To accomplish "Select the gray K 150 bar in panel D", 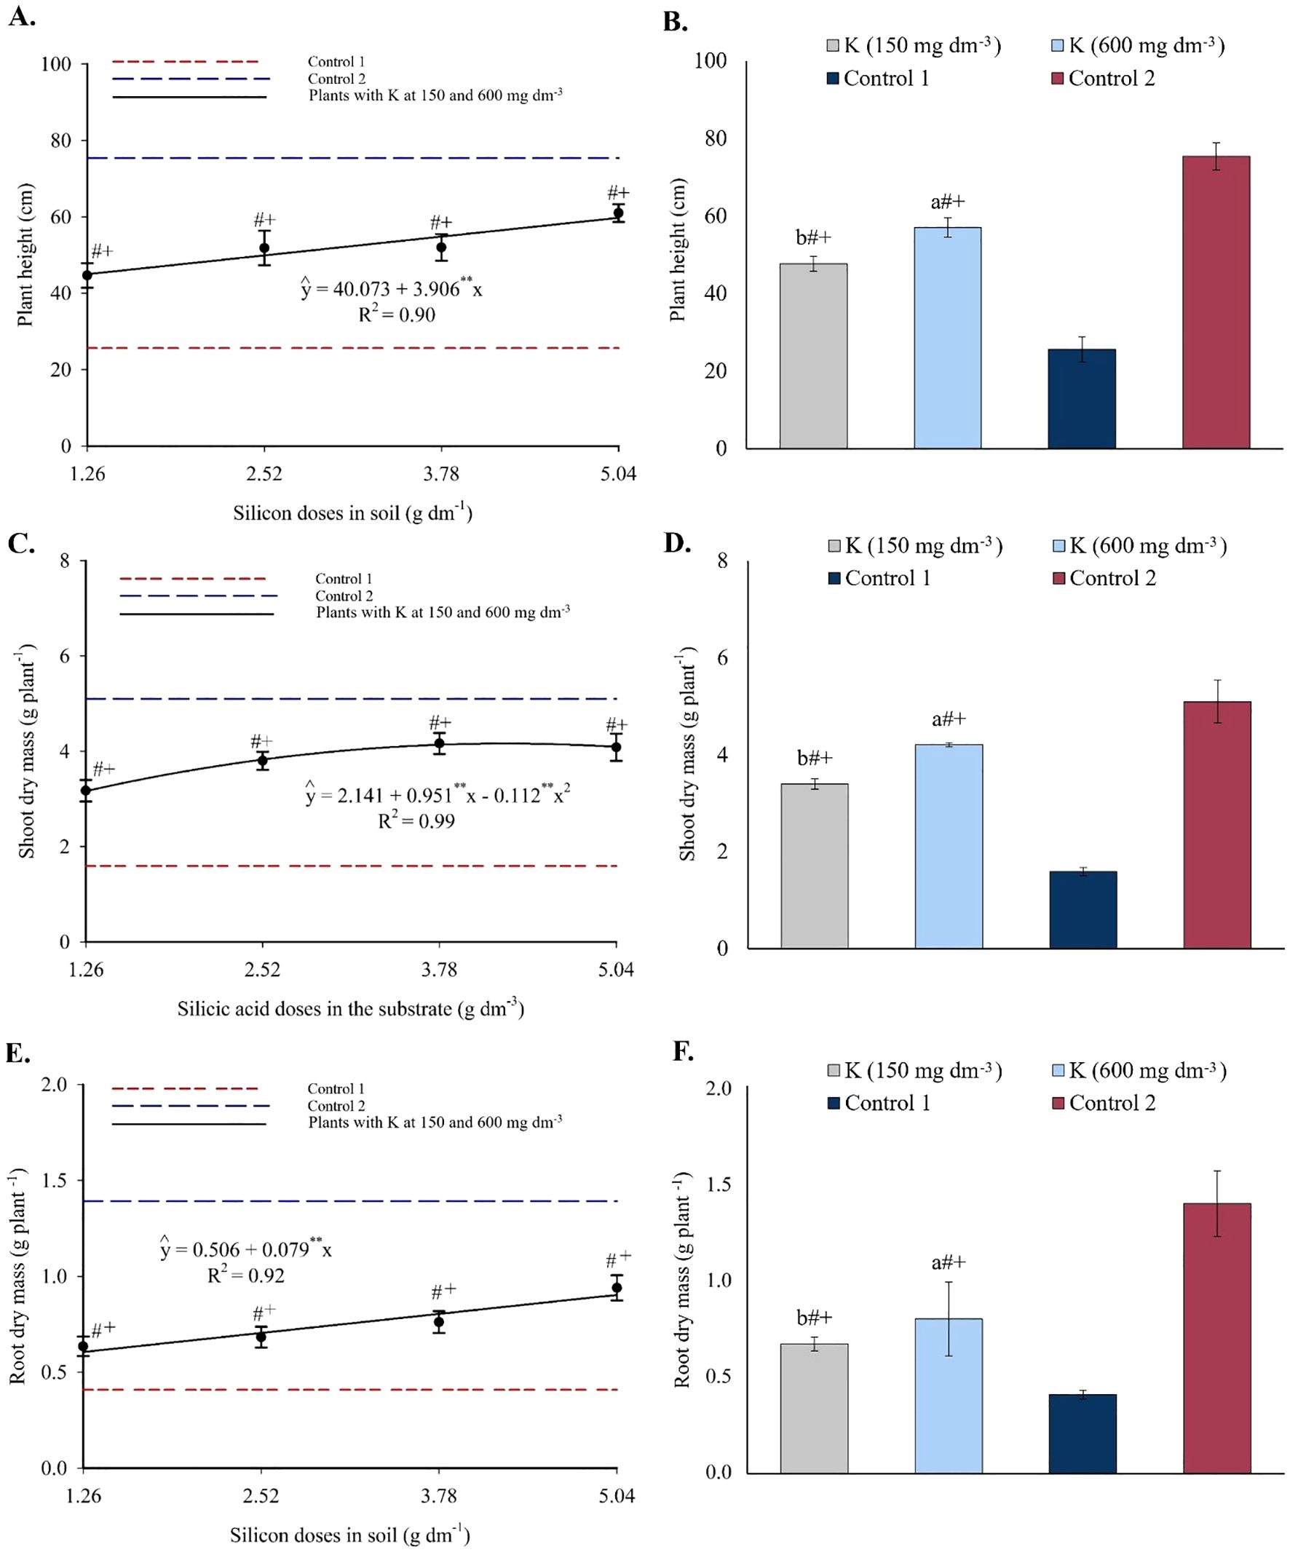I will [x=814, y=866].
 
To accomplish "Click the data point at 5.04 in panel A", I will [x=617, y=213].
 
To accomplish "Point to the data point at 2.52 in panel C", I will [x=262, y=761].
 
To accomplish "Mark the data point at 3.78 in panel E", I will [x=439, y=1322].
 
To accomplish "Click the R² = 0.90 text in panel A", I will [x=397, y=314].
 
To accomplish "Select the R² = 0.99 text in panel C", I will [x=416, y=820].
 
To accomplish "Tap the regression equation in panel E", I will [x=246, y=1249].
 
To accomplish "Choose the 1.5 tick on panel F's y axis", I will [x=718, y=1184].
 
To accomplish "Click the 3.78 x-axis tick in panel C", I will [x=439, y=969].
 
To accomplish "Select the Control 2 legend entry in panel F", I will [x=1104, y=1104].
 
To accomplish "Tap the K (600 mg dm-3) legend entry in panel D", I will [x=1140, y=546].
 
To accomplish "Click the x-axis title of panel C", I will [x=350, y=1008].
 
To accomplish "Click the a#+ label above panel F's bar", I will [x=948, y=1262].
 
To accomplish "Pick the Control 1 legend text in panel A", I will [x=336, y=61].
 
